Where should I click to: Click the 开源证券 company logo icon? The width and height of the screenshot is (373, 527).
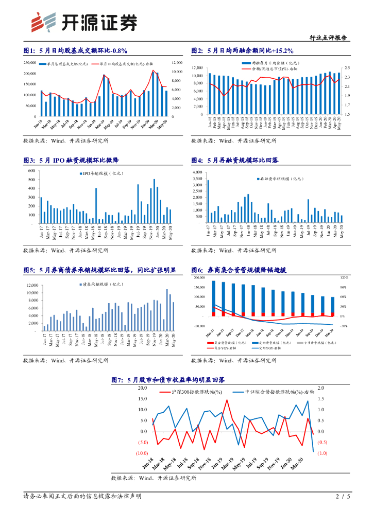pos(43,22)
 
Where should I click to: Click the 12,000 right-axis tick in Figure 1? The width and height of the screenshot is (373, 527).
pos(177,62)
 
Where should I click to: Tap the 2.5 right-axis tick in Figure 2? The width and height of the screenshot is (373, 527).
pos(347,68)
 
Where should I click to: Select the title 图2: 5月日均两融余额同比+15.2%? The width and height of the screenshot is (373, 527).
pos(242,50)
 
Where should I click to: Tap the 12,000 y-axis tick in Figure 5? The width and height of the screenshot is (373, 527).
pos(31,285)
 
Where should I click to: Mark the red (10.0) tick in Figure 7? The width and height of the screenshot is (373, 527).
pos(142,453)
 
